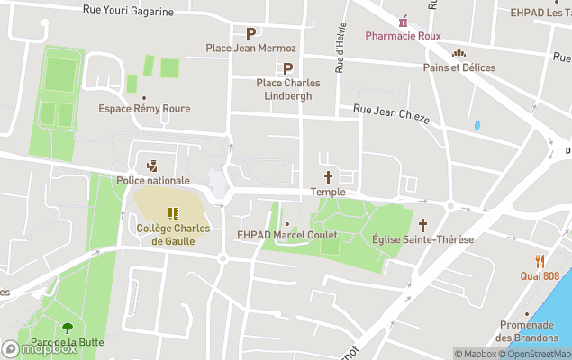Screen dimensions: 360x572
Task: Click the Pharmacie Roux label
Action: (402, 36)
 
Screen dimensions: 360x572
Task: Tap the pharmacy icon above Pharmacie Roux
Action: (403, 20)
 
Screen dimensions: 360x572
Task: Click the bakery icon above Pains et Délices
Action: (459, 53)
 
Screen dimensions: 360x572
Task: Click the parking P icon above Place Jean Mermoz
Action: (250, 33)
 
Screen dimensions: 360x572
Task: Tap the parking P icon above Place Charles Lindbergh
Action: (288, 68)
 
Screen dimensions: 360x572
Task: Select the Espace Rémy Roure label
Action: (144, 109)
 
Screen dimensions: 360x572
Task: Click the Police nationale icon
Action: (152, 166)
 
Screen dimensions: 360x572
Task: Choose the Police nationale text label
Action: (152, 181)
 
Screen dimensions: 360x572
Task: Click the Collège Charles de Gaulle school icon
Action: (173, 213)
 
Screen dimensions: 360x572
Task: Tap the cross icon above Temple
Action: (328, 177)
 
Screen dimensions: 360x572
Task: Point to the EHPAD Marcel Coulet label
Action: (286, 236)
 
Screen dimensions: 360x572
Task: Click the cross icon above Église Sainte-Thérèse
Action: (422, 224)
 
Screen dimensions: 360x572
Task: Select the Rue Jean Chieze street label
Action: (391, 113)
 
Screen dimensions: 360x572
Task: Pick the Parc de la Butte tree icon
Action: (67, 328)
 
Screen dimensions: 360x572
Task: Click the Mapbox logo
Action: (40, 348)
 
